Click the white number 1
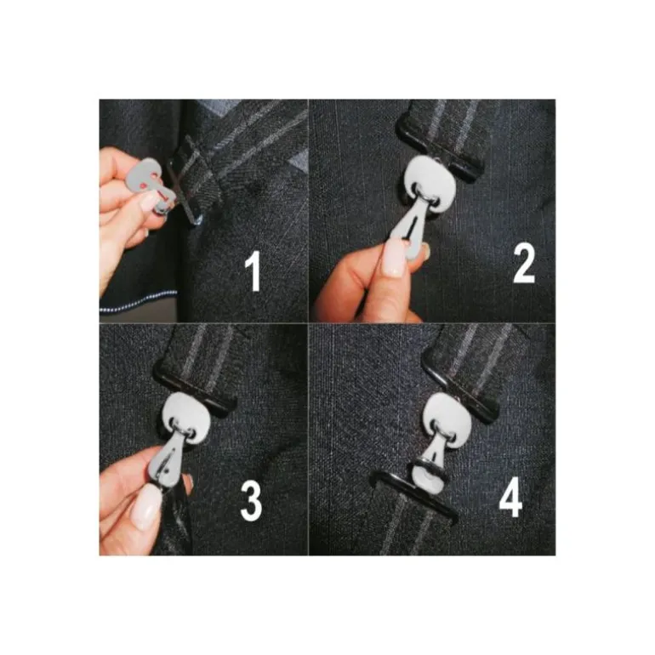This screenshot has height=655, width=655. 253,271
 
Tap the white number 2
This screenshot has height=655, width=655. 524,264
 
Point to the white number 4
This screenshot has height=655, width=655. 511,497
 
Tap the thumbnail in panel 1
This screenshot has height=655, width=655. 149,202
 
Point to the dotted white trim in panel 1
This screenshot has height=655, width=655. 139,301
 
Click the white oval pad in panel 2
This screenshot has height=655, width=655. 426,183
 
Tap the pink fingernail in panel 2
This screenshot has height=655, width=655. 394,258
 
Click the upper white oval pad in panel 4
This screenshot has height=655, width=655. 442,414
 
